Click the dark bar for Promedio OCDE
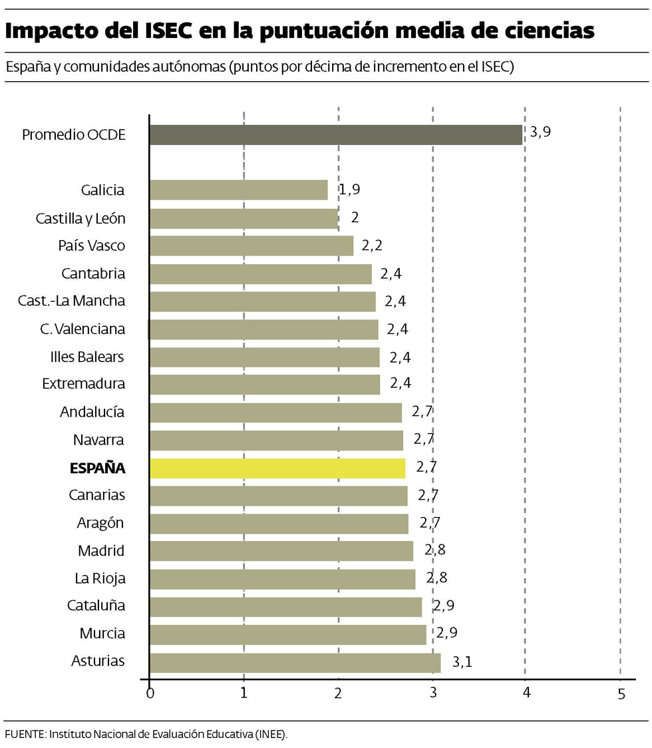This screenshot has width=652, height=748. (x=335, y=134)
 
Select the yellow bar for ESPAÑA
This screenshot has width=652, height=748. (x=277, y=468)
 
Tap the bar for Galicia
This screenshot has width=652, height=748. (x=239, y=190)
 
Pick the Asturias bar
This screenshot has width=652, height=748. (x=295, y=663)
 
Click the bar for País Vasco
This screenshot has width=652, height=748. (x=251, y=246)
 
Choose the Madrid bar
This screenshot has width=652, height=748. (x=281, y=551)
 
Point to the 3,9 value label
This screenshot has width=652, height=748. (x=540, y=132)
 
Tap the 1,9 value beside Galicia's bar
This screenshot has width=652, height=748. (x=350, y=190)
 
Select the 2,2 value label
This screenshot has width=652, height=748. (x=372, y=246)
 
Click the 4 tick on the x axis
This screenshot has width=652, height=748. (x=526, y=693)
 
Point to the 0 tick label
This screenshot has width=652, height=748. (x=150, y=693)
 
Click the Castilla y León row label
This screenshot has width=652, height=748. (x=80, y=218)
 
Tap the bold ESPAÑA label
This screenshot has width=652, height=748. (x=97, y=468)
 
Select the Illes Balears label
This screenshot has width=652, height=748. (x=87, y=357)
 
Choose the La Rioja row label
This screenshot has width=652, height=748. (x=100, y=578)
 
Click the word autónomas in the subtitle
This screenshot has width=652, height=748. (x=191, y=67)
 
